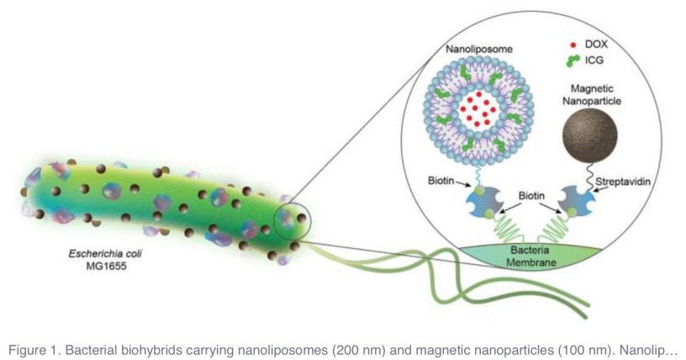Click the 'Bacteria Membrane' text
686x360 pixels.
point(529,256)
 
